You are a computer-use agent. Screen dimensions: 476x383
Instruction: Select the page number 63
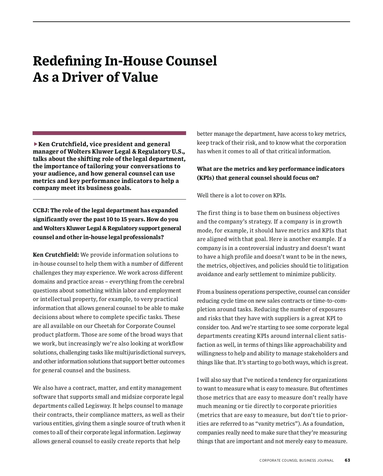tap(347, 460)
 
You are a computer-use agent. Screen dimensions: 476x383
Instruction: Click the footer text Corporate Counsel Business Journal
tap(297, 460)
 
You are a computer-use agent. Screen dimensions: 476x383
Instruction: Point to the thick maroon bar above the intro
tap(109, 133)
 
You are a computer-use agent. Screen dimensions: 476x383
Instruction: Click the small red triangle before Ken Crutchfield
tap(35, 144)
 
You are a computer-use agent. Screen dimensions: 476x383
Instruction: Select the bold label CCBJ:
tap(41, 210)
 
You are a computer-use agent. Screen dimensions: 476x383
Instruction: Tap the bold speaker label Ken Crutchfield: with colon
tap(56, 255)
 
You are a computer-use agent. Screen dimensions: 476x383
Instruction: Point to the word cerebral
tap(173, 282)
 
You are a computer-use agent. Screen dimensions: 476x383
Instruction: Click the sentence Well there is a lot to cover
tap(241, 195)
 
